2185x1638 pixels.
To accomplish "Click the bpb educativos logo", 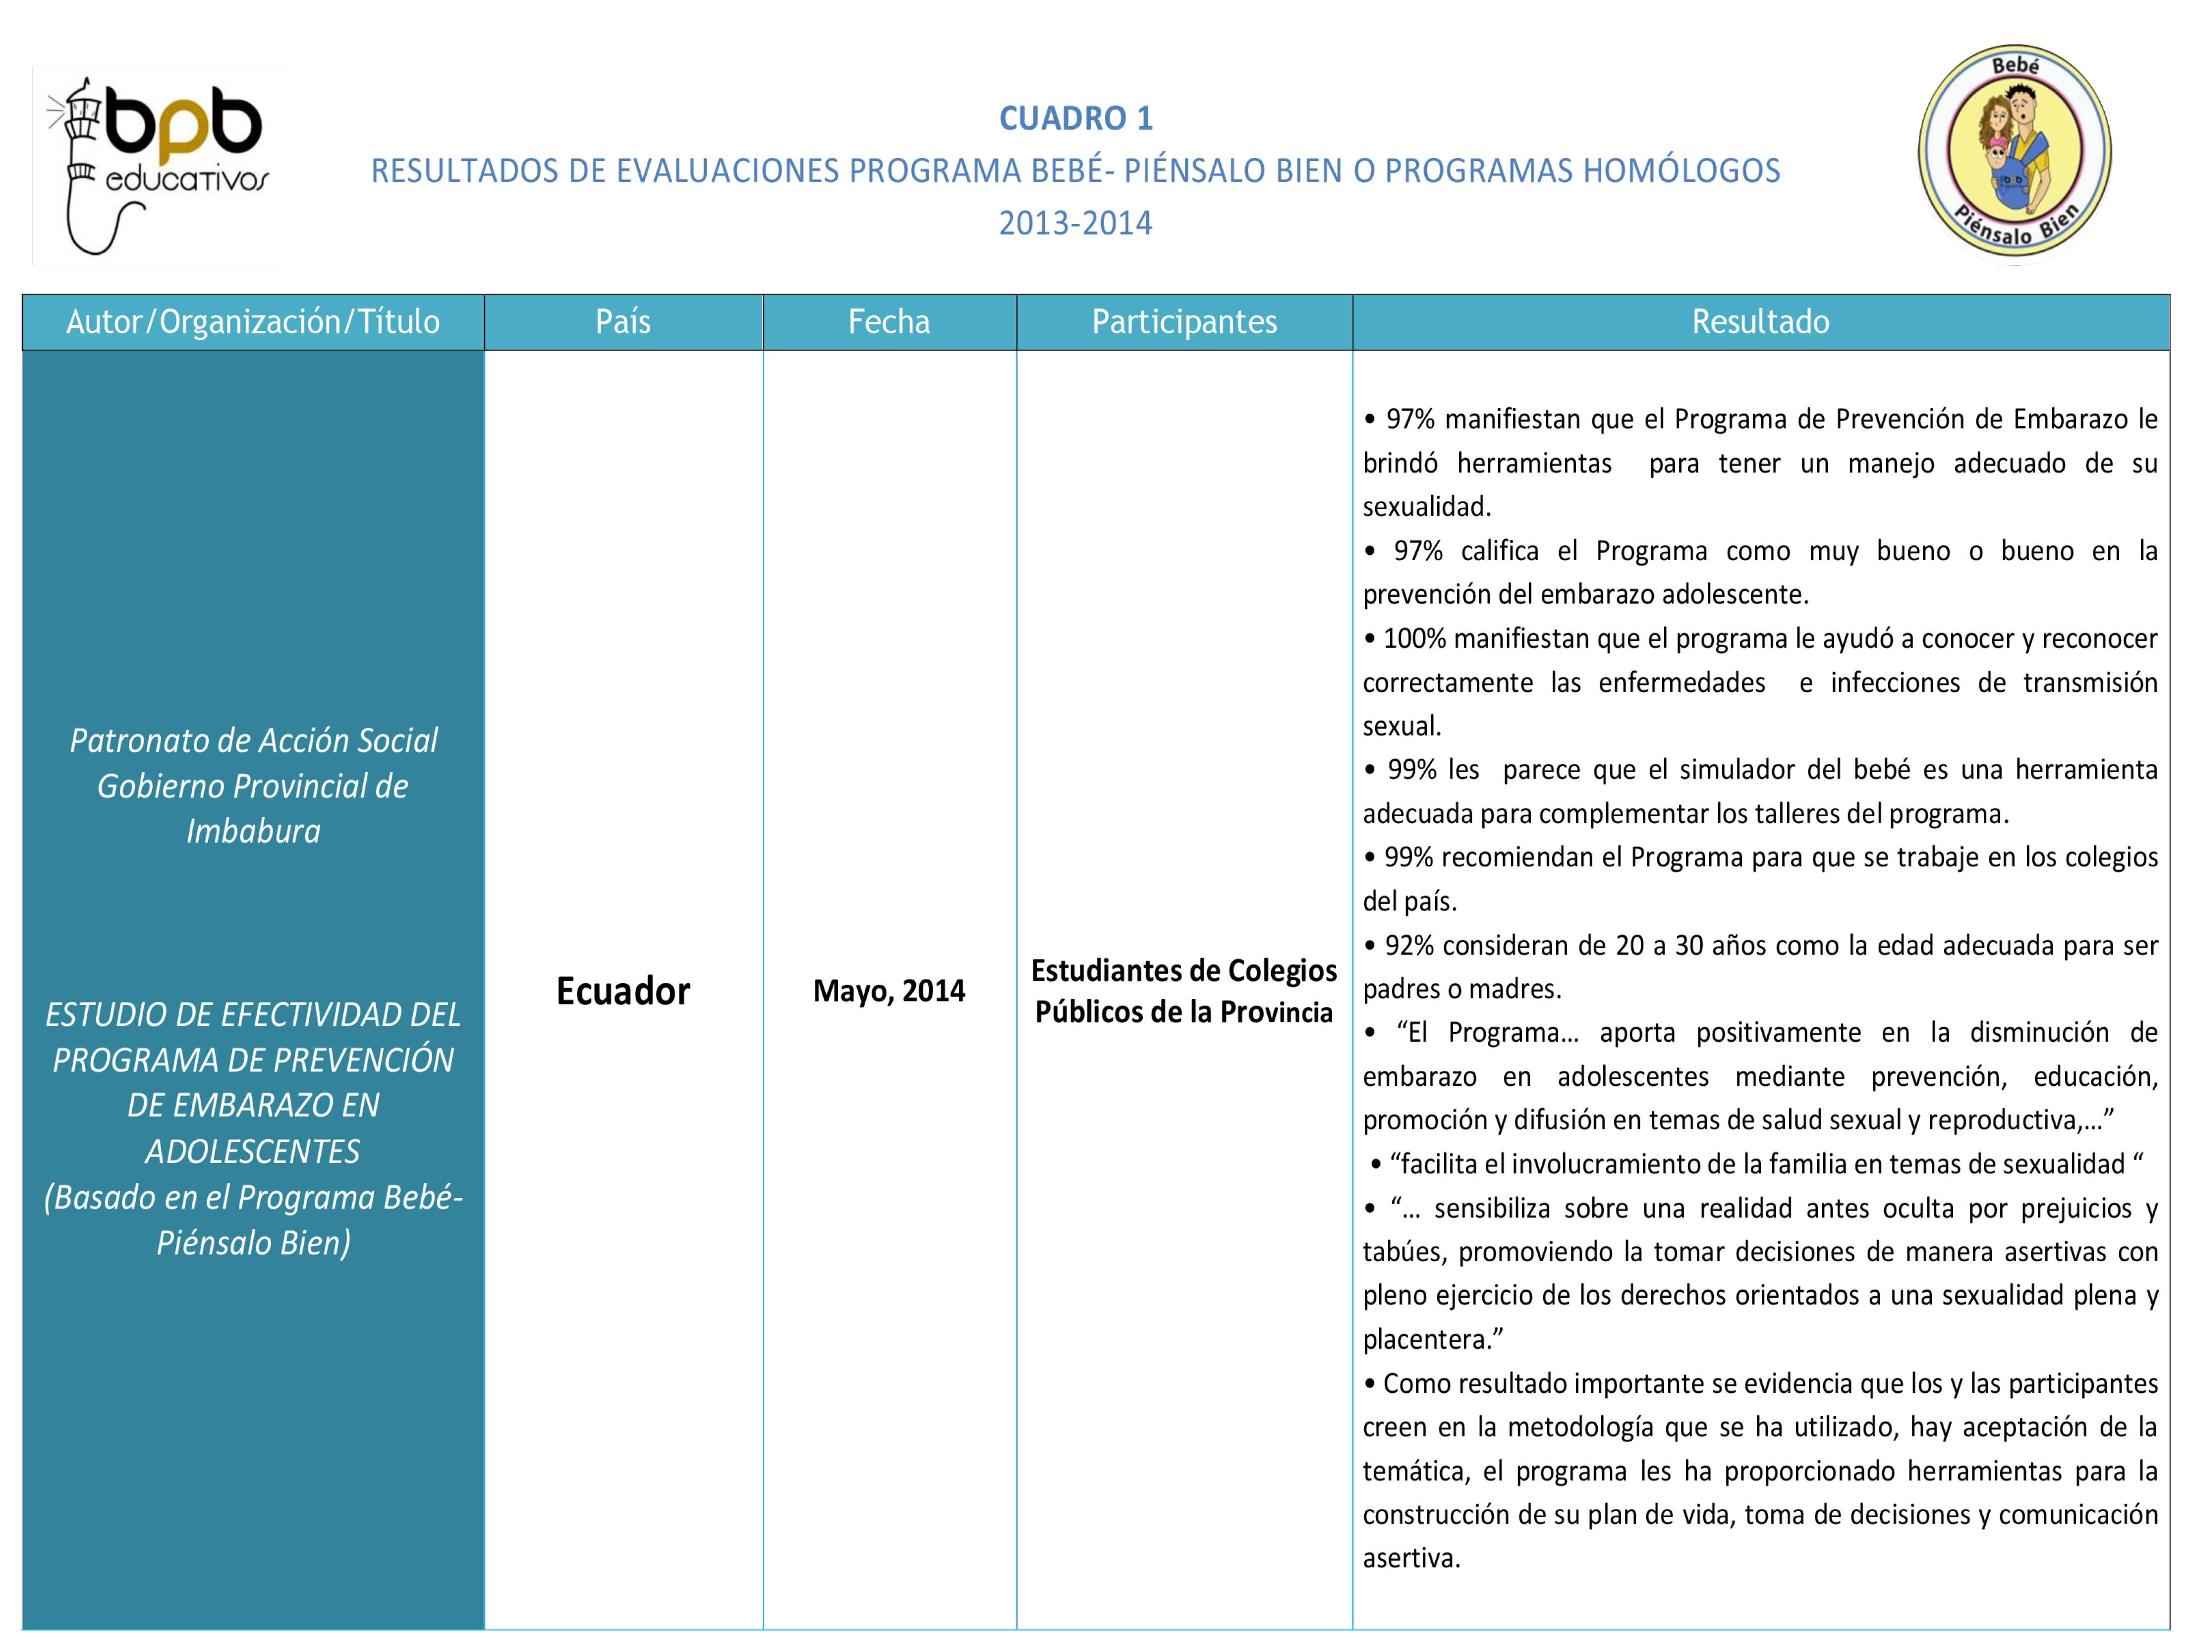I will [158, 165].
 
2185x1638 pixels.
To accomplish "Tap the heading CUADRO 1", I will [1076, 118].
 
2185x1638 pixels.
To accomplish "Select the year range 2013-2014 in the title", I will [1076, 223].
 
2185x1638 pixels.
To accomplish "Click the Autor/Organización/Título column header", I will [253, 322].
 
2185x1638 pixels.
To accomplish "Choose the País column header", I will [623, 322].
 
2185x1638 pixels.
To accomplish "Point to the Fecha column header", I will [889, 322].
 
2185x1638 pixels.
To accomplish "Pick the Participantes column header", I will [1184, 322].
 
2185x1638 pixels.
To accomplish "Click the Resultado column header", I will [1760, 322].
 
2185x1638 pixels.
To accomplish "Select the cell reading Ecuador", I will [623, 990].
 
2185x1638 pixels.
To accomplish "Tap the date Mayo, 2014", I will [889, 990].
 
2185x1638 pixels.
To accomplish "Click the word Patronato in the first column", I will [131, 740].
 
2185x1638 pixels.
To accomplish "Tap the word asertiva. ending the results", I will [1410, 1559].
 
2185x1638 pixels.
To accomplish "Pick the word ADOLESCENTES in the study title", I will [253, 1151].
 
